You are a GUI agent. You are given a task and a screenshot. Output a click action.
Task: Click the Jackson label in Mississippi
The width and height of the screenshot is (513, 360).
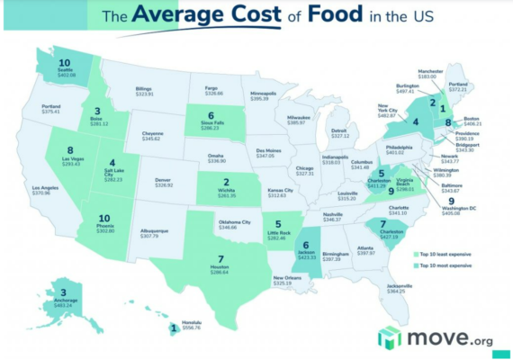tap(306, 255)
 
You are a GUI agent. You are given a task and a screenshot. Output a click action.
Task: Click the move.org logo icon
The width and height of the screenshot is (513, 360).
tap(389, 337)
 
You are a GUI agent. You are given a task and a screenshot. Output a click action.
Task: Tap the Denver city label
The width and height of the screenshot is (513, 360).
tap(164, 180)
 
